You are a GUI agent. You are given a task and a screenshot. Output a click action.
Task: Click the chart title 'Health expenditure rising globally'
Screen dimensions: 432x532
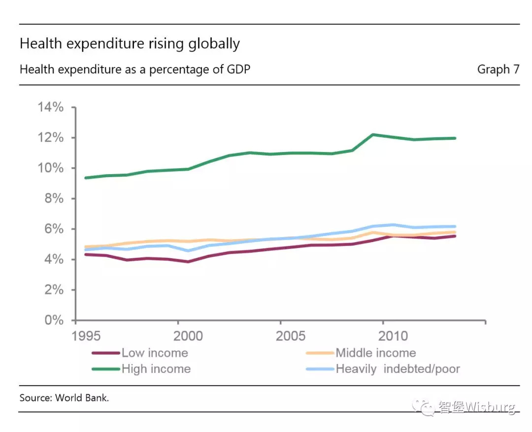130,44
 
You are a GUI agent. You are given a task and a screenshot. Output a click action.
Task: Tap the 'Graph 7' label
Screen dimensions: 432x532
498,69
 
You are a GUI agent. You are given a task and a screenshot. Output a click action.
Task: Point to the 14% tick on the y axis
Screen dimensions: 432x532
51,107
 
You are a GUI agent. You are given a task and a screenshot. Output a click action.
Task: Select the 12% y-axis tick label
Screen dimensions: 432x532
51,138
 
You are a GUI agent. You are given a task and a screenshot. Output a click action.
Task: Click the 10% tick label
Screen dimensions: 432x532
51,168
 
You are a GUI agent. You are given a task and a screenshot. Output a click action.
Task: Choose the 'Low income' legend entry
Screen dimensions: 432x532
155,353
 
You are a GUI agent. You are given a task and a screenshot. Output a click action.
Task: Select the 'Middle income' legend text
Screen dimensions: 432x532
375,353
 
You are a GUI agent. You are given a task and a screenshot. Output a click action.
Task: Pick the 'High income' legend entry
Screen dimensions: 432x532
156,369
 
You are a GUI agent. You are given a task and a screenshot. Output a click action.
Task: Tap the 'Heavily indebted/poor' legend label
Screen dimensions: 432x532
398,369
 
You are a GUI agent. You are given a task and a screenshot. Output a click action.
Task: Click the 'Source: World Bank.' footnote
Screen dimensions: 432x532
64,398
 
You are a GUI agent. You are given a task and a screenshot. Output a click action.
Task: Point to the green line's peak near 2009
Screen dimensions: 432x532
373,134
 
